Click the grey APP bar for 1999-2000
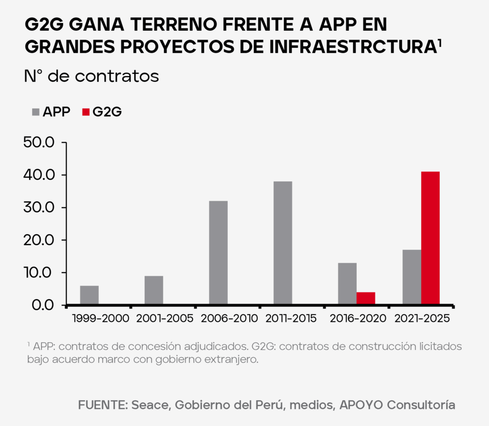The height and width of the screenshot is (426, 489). point(89,295)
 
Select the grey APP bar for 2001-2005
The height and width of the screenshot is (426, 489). point(154,290)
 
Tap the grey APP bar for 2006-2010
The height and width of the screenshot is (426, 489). point(218,253)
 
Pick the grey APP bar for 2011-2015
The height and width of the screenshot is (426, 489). point(283,243)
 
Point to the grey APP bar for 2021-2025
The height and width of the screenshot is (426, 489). point(412,277)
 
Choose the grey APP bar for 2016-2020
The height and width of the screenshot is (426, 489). point(347,284)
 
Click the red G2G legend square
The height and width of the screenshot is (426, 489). point(85,112)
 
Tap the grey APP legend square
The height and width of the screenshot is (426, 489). point(35,112)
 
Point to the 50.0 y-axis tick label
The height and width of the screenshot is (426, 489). point(40,143)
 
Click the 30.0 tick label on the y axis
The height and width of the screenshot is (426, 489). point(40,208)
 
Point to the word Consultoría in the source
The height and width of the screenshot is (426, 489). point(421,405)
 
